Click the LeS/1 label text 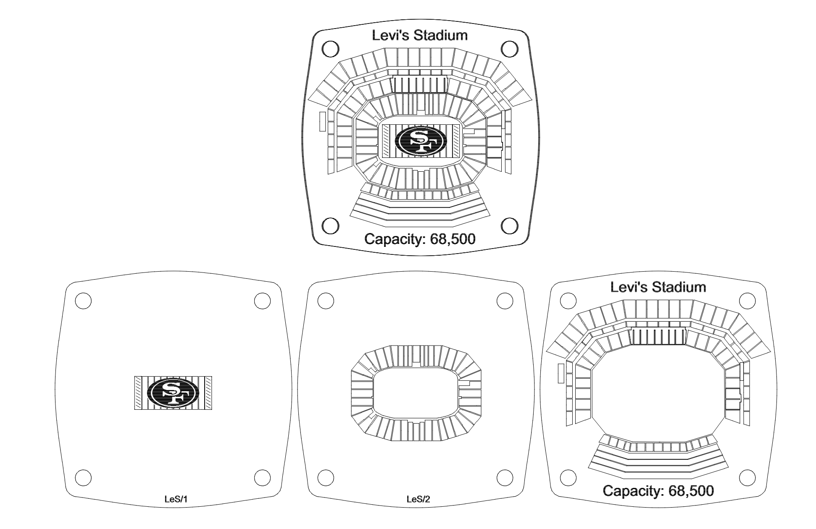(x=175, y=499)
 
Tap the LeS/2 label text (x=418, y=499)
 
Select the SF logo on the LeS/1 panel (x=173, y=393)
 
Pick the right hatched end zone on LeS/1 (x=207, y=393)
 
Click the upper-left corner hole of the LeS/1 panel (x=83, y=301)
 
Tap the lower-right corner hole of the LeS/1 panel (x=262, y=477)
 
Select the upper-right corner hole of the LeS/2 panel (x=505, y=301)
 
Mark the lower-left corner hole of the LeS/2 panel (x=326, y=477)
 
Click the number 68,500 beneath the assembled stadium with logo (x=453, y=239)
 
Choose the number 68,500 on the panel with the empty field (x=691, y=491)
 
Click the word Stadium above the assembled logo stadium (x=441, y=35)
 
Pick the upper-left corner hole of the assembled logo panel (x=330, y=49)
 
